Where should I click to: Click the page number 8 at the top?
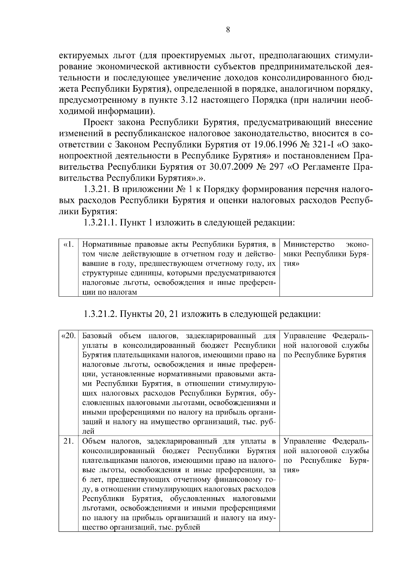click(x=228, y=30)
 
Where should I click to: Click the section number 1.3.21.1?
click(x=100, y=222)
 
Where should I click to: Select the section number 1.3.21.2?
click(x=100, y=314)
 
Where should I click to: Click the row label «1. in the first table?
click(x=69, y=245)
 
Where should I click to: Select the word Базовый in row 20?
click(x=99, y=336)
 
